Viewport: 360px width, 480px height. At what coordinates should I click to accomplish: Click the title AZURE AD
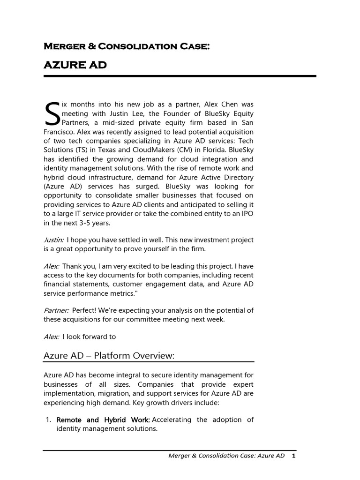tap(75, 65)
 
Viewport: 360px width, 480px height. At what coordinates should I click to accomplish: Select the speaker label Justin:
tap(54, 240)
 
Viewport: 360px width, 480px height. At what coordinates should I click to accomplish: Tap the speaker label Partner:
tap(56, 310)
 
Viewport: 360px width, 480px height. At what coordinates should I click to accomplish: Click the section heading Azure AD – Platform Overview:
tap(109, 356)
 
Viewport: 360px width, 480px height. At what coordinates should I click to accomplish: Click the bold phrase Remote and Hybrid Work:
tap(103, 420)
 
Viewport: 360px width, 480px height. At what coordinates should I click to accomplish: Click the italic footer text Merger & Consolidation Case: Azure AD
tap(226, 456)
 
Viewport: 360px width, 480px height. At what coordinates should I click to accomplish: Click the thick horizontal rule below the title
tap(180, 76)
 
